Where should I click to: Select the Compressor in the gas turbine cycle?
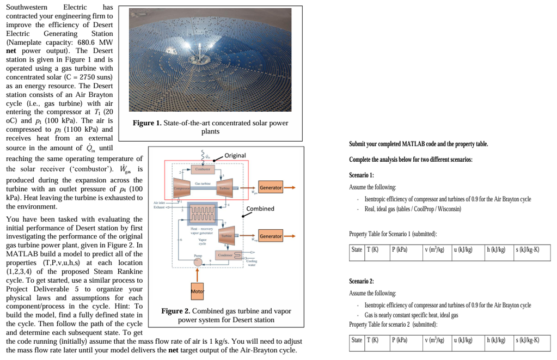pos(181,188)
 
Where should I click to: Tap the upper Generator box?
pos(271,188)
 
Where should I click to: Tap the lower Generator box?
pos(271,236)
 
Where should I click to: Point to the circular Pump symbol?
pos(197,262)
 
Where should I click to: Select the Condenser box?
pos(225,255)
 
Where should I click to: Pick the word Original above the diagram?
pos(235,156)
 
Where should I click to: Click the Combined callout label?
pos(260,209)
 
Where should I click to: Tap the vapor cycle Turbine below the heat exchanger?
pos(225,235)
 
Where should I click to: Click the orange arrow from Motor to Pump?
pos(197,276)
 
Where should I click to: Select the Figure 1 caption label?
pos(147,123)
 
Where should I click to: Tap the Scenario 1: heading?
pos(361,175)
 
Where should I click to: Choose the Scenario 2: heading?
pos(361,281)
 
